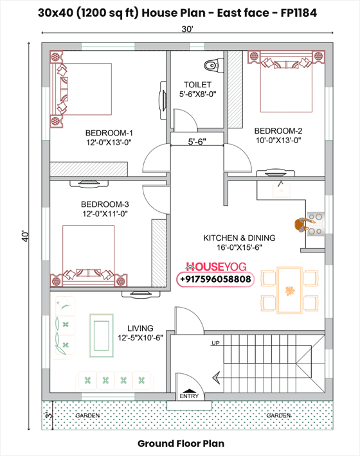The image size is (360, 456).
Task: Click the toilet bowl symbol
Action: point(213,65)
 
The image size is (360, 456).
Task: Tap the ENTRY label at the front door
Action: point(189,396)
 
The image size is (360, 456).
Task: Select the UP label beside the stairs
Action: point(215,343)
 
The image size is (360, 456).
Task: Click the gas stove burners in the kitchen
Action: point(316,224)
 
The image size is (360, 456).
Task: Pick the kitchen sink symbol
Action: point(281,190)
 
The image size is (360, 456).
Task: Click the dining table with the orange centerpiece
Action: point(289,290)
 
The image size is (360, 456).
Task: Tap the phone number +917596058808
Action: point(215,279)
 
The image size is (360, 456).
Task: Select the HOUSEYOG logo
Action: point(215,267)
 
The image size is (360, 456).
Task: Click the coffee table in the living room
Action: point(102,335)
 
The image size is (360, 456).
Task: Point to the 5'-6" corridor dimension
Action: point(197,142)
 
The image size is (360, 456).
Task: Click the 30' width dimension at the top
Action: point(188,30)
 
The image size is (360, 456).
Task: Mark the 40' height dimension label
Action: point(25,236)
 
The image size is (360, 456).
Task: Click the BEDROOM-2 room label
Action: point(278,131)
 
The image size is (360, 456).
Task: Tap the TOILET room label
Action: point(197,85)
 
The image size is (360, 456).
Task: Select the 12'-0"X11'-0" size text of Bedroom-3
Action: point(105,214)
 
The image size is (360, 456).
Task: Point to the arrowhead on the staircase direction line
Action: point(215,378)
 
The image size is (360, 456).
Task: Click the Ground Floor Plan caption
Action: point(181,444)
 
